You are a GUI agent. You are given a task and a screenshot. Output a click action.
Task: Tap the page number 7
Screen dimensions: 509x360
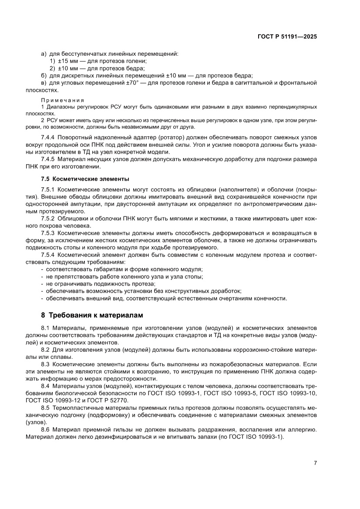pyautogui.click(x=315, y=463)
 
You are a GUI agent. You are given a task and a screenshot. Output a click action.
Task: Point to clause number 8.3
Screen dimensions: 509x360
pyautogui.click(x=46, y=363)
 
